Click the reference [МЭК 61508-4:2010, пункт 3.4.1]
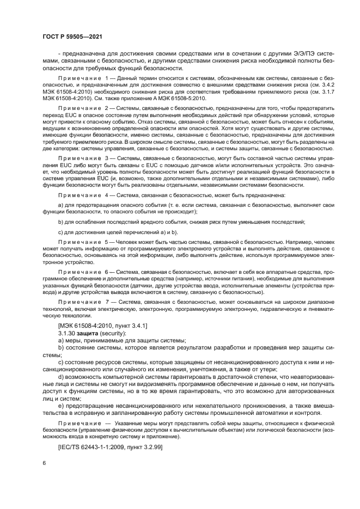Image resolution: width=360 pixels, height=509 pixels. [x=102, y=325]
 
